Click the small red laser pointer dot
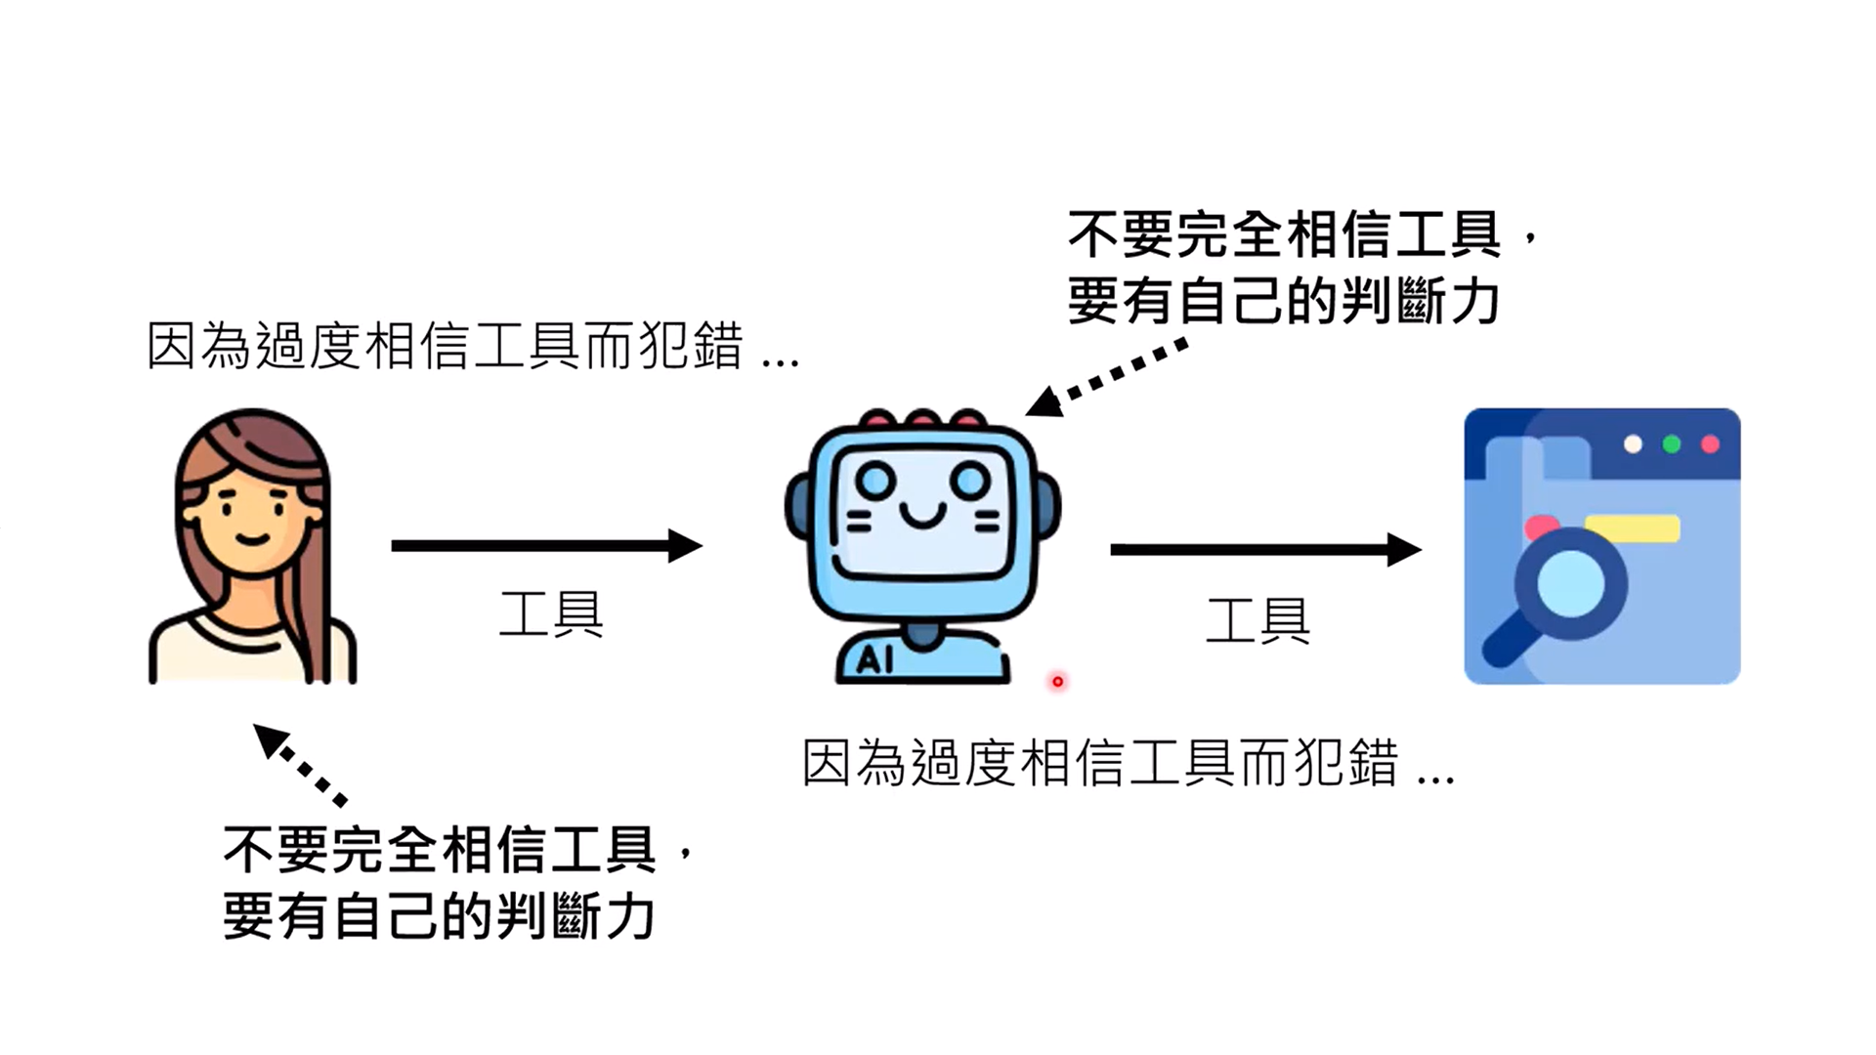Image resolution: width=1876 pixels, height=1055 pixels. coord(1057,681)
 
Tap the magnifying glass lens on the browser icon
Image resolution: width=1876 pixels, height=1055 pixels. coord(1570,583)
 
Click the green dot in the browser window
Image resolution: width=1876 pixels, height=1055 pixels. coord(1672,444)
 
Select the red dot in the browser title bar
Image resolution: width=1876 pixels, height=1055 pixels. coord(1710,444)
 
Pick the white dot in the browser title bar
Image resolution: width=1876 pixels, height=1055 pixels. coord(1633,444)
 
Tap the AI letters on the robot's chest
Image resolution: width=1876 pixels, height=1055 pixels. coord(874,660)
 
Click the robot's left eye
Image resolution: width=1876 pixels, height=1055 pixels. coord(875,480)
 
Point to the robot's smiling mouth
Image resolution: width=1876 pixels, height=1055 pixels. coord(922,515)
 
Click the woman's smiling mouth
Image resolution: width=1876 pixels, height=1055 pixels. coord(252,538)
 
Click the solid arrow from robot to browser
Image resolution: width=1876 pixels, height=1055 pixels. coord(1264,550)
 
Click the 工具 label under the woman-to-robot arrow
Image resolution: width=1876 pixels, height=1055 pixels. coord(551,614)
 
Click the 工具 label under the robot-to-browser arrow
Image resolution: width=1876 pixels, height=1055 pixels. coord(1258,621)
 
